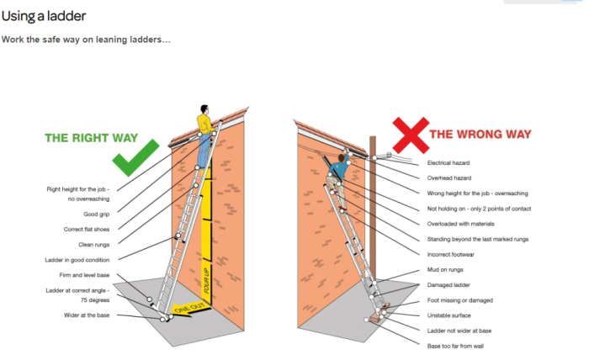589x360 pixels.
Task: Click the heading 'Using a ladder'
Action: (x=43, y=15)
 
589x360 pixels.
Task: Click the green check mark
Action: (x=135, y=157)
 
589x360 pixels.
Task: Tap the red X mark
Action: (x=410, y=133)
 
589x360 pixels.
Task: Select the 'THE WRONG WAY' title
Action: (x=480, y=134)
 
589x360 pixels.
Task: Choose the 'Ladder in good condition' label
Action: (x=82, y=259)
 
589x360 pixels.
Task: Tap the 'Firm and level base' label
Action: (x=89, y=275)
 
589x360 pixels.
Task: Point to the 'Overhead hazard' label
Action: (x=450, y=177)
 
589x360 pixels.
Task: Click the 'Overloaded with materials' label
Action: (x=461, y=223)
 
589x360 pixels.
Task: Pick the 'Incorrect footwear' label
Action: (x=452, y=254)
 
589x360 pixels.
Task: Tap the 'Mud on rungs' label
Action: (x=444, y=270)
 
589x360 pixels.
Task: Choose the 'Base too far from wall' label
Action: (x=455, y=346)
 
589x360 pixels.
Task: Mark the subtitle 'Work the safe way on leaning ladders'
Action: (x=86, y=40)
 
